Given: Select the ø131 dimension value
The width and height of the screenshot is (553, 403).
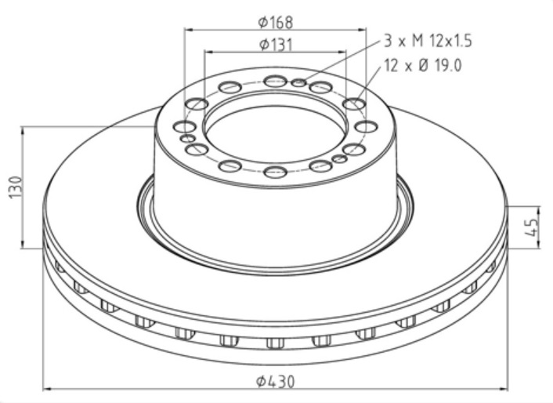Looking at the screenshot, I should click(275, 44).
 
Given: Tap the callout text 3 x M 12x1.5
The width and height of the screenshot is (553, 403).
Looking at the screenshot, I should click(427, 40).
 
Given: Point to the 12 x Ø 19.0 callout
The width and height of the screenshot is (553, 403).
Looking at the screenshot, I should click(423, 66).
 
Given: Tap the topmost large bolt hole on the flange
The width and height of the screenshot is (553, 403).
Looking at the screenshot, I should click(275, 81).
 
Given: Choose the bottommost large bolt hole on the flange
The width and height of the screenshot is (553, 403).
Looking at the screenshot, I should click(275, 172).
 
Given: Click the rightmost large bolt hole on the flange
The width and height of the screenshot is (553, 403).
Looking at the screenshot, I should click(366, 126).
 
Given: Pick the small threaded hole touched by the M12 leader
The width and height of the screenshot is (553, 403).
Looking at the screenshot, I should click(298, 82).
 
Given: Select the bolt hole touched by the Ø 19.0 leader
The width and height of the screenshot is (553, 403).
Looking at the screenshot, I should click(354, 103).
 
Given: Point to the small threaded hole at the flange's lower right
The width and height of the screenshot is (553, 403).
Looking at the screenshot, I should click(339, 159).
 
